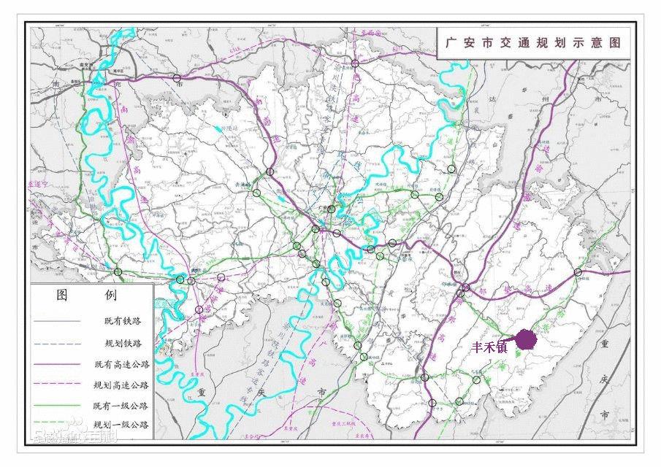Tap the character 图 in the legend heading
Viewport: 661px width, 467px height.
pyautogui.click(x=63, y=296)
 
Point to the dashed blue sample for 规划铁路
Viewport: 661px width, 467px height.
pyautogui.click(x=58, y=342)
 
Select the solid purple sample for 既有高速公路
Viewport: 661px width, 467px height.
pyautogui.click(x=58, y=363)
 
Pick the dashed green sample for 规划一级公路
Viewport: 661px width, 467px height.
pyautogui.click(x=58, y=425)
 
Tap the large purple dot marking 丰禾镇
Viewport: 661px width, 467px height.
pyautogui.click(x=525, y=339)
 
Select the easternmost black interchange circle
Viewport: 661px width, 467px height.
pyautogui.click(x=578, y=272)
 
